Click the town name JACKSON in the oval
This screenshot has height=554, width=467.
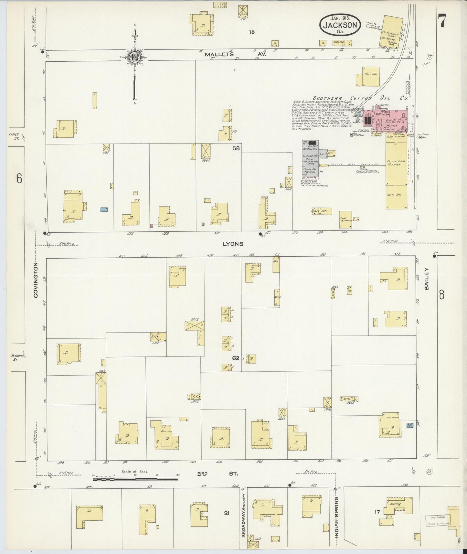[340, 25]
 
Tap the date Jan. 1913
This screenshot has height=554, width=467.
[340, 18]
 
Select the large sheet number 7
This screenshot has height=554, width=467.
[442, 21]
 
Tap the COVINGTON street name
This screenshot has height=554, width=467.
[36, 280]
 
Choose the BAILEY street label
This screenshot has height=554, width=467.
[427, 279]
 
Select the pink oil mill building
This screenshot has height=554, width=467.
[385, 121]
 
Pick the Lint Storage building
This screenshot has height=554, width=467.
[345, 219]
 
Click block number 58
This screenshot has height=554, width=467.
[236, 148]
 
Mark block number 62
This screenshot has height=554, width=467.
[235, 358]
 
